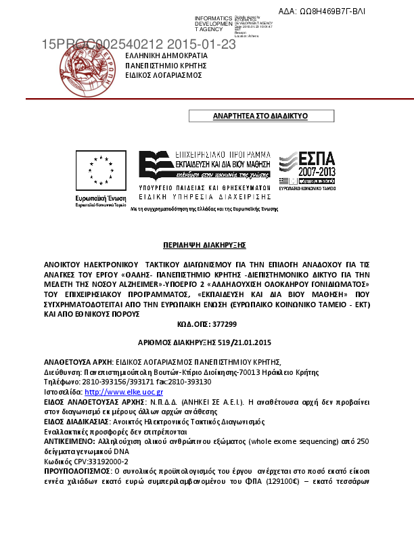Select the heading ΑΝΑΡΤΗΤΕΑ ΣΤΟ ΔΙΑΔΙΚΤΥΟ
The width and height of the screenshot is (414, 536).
[x=260, y=116]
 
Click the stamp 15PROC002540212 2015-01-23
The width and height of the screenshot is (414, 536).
[x=139, y=44]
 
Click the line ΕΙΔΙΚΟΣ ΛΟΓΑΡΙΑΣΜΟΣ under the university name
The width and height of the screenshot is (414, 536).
[x=164, y=75]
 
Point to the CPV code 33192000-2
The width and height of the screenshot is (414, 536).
[x=101, y=497]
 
